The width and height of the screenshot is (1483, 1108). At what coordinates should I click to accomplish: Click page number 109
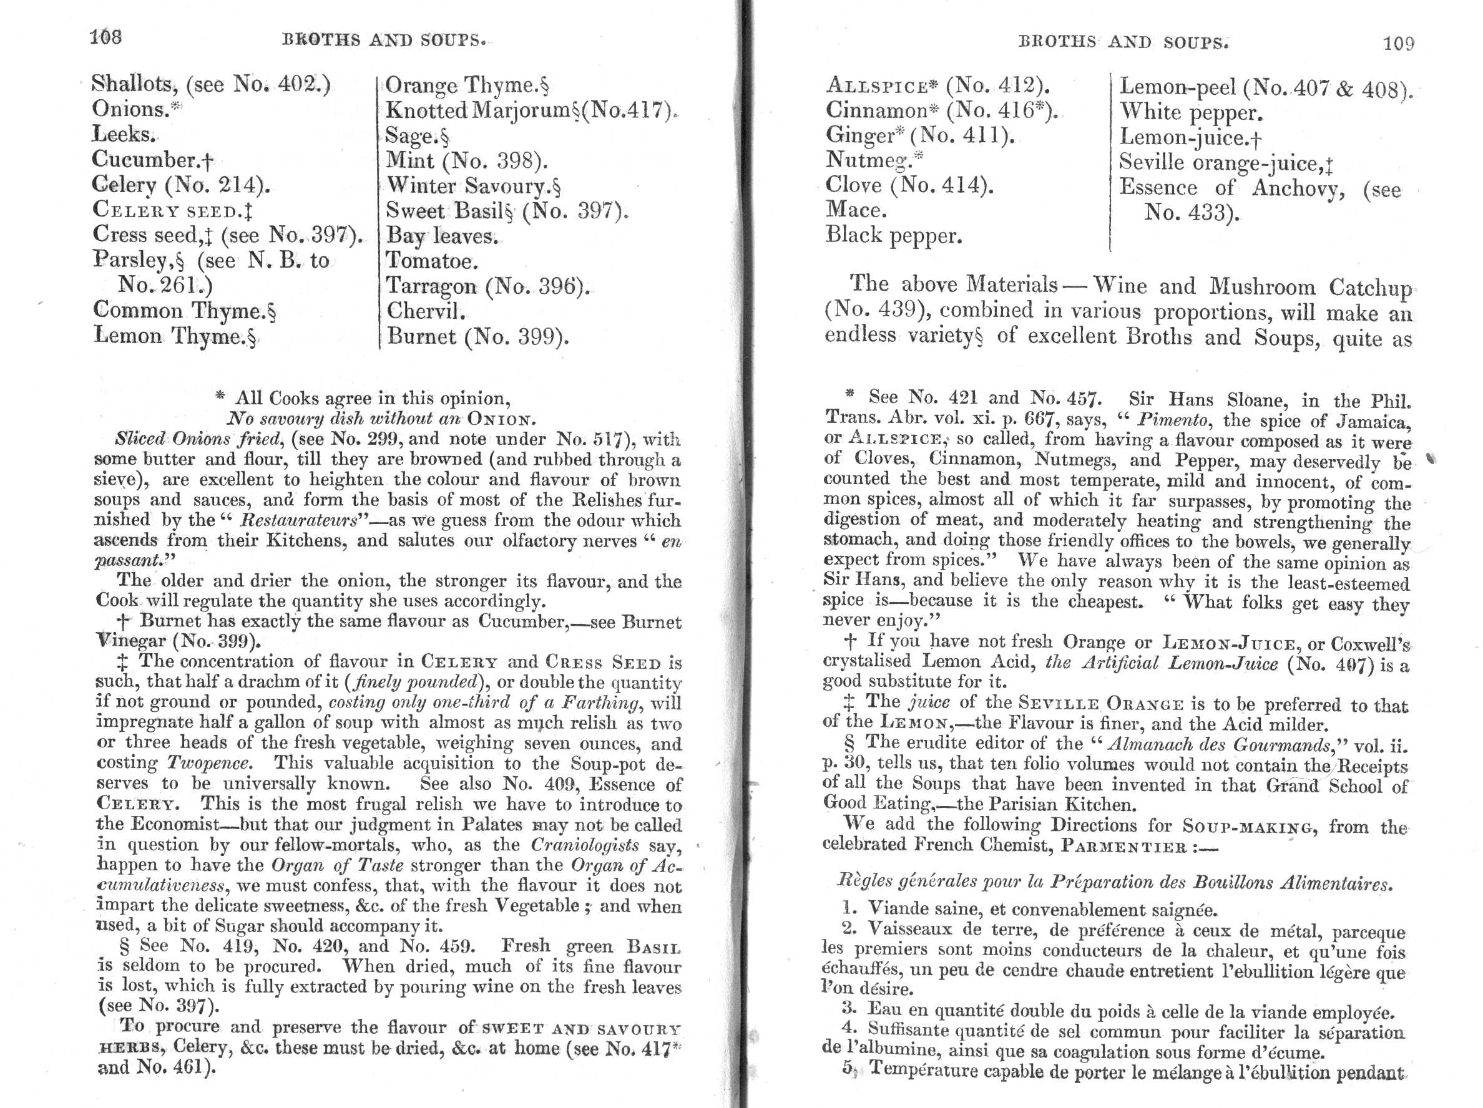pyautogui.click(x=1398, y=44)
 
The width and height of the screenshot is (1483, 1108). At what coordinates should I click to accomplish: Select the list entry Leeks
pyautogui.click(x=124, y=134)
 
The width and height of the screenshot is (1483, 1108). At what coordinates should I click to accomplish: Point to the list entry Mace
pyautogui.click(x=856, y=210)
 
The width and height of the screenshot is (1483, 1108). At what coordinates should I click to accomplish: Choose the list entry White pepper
pyautogui.click(x=1191, y=113)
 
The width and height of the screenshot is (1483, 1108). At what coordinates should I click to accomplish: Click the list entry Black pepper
pyautogui.click(x=893, y=235)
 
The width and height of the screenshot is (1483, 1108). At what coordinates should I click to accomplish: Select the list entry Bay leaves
pyautogui.click(x=441, y=236)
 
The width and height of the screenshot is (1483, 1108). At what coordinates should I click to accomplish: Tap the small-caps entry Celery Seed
pyautogui.click(x=172, y=210)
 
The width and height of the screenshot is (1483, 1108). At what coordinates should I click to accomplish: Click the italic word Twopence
pyautogui.click(x=209, y=764)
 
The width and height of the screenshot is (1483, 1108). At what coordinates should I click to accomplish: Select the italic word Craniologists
pyautogui.click(x=584, y=845)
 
